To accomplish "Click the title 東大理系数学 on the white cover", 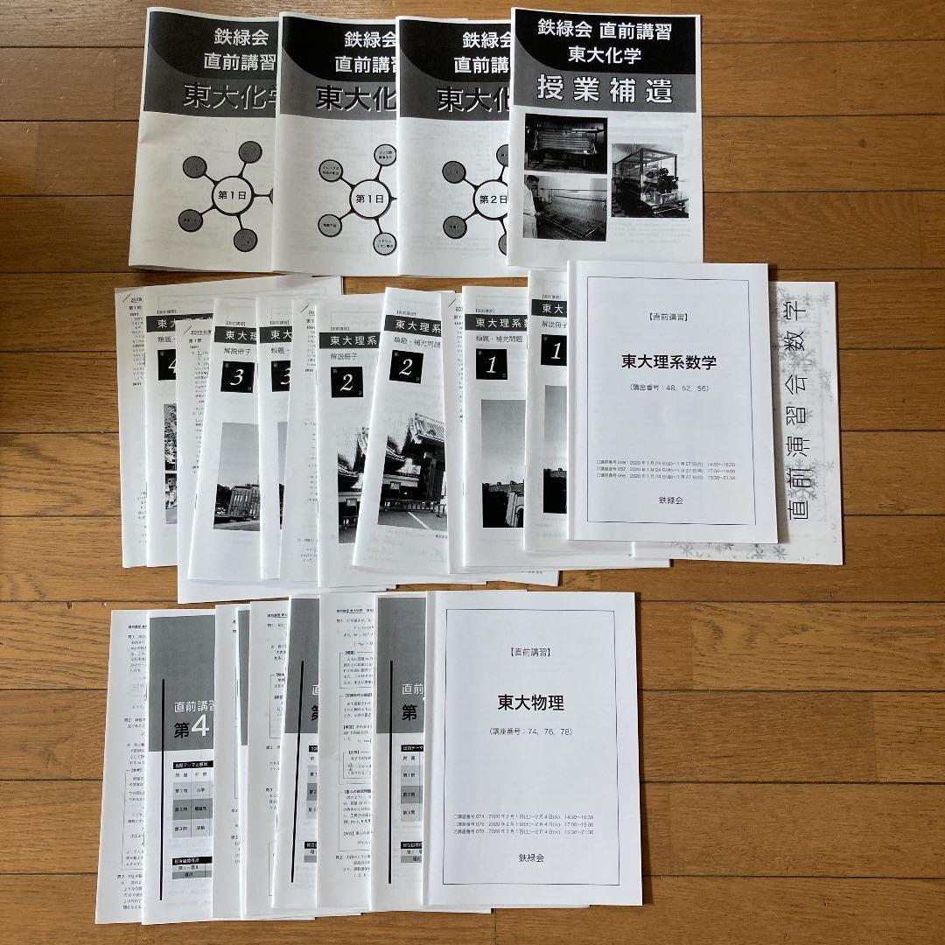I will click(668, 362).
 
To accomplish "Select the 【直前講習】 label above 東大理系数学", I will click(668, 317).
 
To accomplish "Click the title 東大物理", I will click(530, 702).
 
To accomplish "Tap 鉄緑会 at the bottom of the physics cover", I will click(530, 857).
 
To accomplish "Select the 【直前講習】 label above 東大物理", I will click(530, 653).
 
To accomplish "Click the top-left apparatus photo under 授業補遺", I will click(565, 143).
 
